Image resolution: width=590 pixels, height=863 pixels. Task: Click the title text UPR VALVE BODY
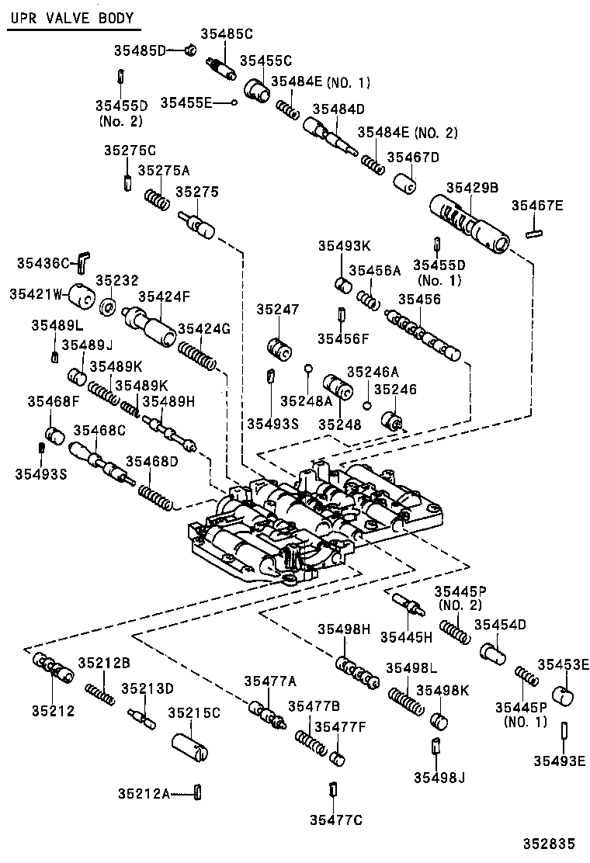[x=71, y=18]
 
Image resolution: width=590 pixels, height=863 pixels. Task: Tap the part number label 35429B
[x=472, y=187]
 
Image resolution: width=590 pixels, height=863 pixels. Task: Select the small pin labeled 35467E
[x=533, y=231]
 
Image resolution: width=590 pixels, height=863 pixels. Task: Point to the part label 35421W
[x=35, y=293]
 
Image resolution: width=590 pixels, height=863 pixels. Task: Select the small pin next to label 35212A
[x=198, y=792]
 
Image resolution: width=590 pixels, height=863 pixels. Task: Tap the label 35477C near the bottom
[x=335, y=820]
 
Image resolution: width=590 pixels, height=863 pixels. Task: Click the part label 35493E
[x=559, y=760]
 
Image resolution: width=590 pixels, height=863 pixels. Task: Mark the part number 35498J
[x=439, y=778]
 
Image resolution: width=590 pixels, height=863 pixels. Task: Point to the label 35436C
[x=43, y=263]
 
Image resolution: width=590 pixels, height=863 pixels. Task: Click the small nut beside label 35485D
[x=189, y=51]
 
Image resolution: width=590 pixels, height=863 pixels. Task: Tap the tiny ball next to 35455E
[x=233, y=102]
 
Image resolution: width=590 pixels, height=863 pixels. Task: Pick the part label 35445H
[x=406, y=637]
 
